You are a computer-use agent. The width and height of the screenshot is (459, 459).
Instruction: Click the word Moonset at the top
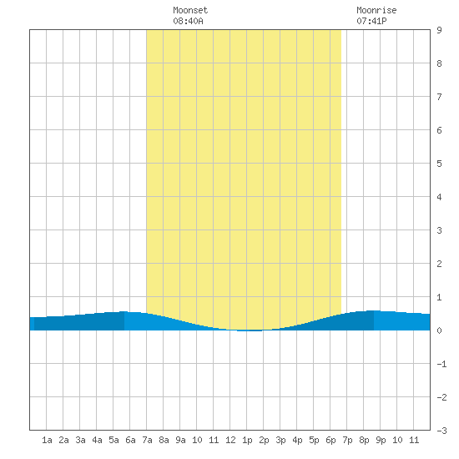tap(190, 10)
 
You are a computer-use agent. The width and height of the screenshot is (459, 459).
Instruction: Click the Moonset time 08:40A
tap(188, 21)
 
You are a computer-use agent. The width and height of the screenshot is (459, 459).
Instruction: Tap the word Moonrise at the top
tap(376, 10)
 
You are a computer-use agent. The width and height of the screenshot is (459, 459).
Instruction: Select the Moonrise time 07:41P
tap(371, 21)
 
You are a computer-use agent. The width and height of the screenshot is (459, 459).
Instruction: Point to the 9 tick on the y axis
tap(439, 30)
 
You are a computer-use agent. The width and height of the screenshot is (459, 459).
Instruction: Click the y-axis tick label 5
tap(439, 164)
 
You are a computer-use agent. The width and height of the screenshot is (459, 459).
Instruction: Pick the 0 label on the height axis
tap(439, 330)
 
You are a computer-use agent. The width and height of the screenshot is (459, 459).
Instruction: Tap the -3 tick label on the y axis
tap(441, 431)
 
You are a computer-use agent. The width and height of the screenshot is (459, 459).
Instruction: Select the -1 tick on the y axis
tap(441, 364)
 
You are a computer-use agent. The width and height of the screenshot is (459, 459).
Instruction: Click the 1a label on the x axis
tap(47, 440)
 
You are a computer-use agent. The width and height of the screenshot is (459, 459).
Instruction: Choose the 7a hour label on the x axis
tap(147, 440)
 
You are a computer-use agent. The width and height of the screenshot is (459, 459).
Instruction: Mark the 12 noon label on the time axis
tap(230, 440)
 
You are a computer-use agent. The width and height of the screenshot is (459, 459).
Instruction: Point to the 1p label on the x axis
tap(247, 440)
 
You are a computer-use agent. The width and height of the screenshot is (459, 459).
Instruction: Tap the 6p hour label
tap(330, 440)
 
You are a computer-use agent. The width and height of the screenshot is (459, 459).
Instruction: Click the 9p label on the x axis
tap(381, 440)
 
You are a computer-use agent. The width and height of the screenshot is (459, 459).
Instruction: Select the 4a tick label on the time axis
tap(97, 440)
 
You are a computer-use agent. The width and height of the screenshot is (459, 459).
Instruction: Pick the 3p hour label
tap(280, 440)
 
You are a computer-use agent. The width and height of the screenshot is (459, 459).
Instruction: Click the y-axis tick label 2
tap(439, 264)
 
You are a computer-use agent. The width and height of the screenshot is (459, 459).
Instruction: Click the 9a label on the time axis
tap(180, 440)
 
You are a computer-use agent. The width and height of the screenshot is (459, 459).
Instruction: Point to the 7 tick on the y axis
tap(439, 97)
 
